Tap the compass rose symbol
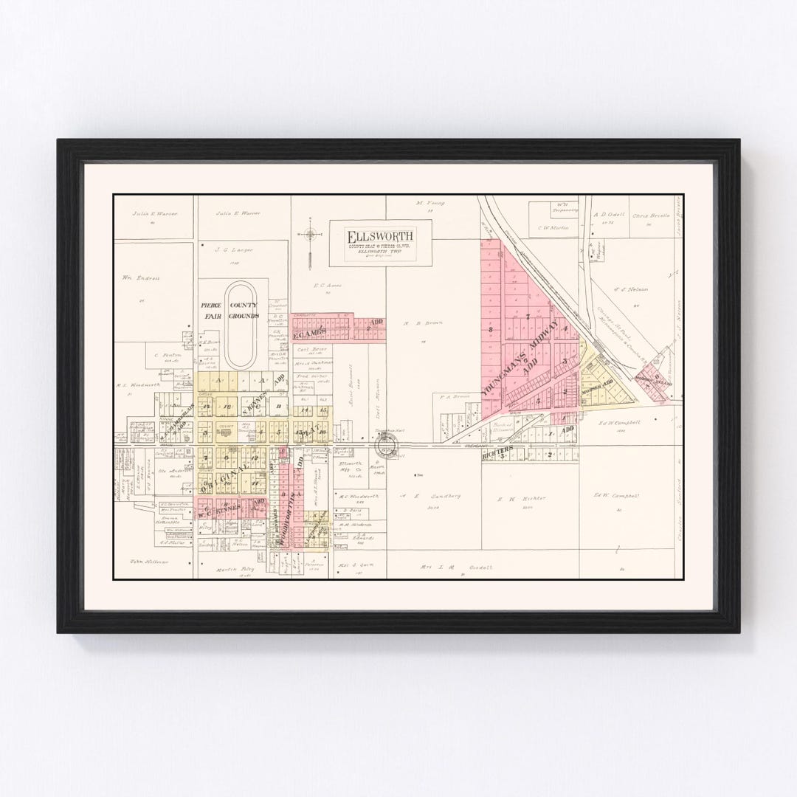click(310, 235)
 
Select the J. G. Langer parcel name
click(233, 249)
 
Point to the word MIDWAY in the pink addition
click(542, 355)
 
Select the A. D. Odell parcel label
click(610, 215)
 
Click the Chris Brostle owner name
click(650, 215)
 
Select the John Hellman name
click(149, 562)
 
